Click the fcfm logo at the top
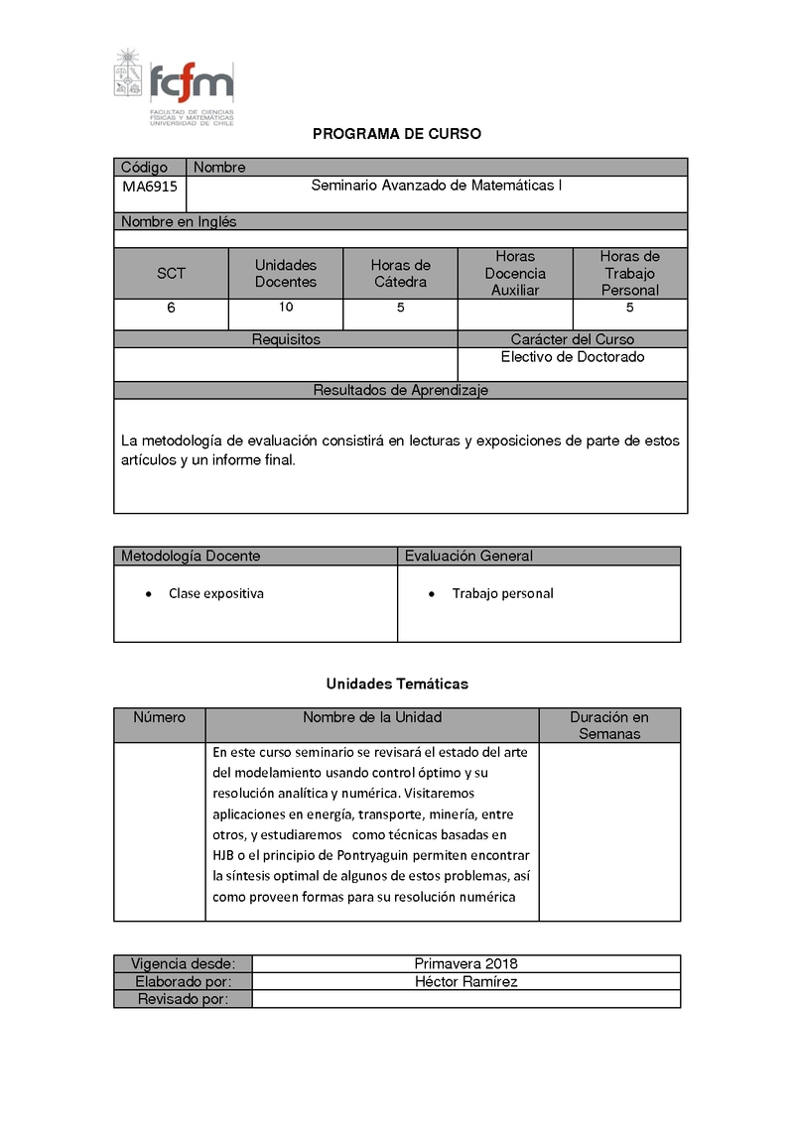click(175, 87)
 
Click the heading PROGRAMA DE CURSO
click(397, 134)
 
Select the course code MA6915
click(150, 187)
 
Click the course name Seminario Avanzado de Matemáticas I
click(437, 186)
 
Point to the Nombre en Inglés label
click(179, 222)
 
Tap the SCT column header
click(171, 274)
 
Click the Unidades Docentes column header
click(286, 274)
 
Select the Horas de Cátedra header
click(400, 274)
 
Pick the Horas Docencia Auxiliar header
click(515, 274)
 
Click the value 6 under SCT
click(171, 309)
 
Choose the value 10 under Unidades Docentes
click(286, 308)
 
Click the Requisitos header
click(286, 339)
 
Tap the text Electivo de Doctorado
click(573, 357)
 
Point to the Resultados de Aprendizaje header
click(401, 391)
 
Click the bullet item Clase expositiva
click(215, 594)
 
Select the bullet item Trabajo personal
click(502, 594)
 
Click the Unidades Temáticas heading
click(397, 685)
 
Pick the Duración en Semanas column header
click(609, 725)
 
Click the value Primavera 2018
click(465, 964)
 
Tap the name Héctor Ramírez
click(465, 982)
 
